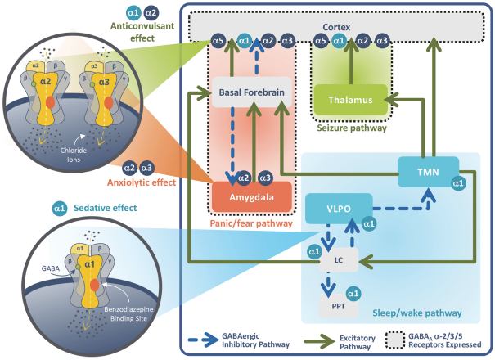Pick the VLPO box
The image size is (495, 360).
[338, 209]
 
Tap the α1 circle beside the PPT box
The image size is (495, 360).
[353, 293]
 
